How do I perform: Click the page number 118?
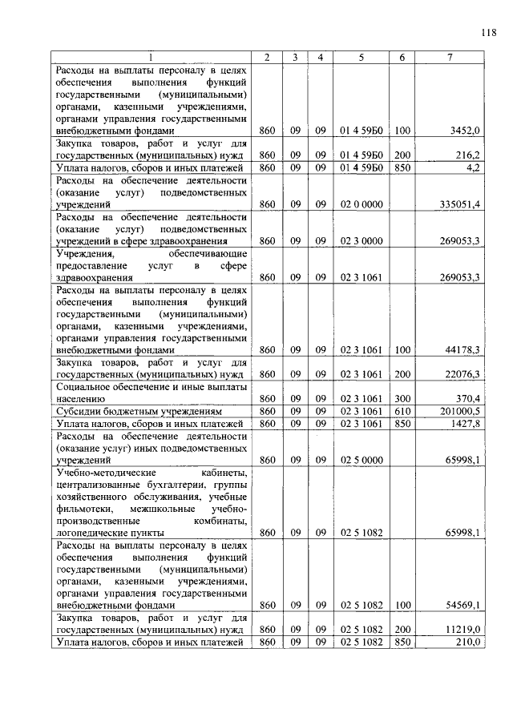[489, 33]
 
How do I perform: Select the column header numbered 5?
[361, 57]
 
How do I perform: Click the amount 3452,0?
[465, 130]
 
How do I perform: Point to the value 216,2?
[467, 155]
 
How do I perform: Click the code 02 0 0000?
[361, 204]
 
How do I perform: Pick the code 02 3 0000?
[361, 241]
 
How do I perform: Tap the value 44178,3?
[463, 349]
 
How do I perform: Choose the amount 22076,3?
[463, 374]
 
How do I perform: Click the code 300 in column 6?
[402, 398]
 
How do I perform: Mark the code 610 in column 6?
[402, 411]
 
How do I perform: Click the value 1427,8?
[465, 423]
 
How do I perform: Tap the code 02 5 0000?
[361, 460]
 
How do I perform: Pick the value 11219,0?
[463, 630]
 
